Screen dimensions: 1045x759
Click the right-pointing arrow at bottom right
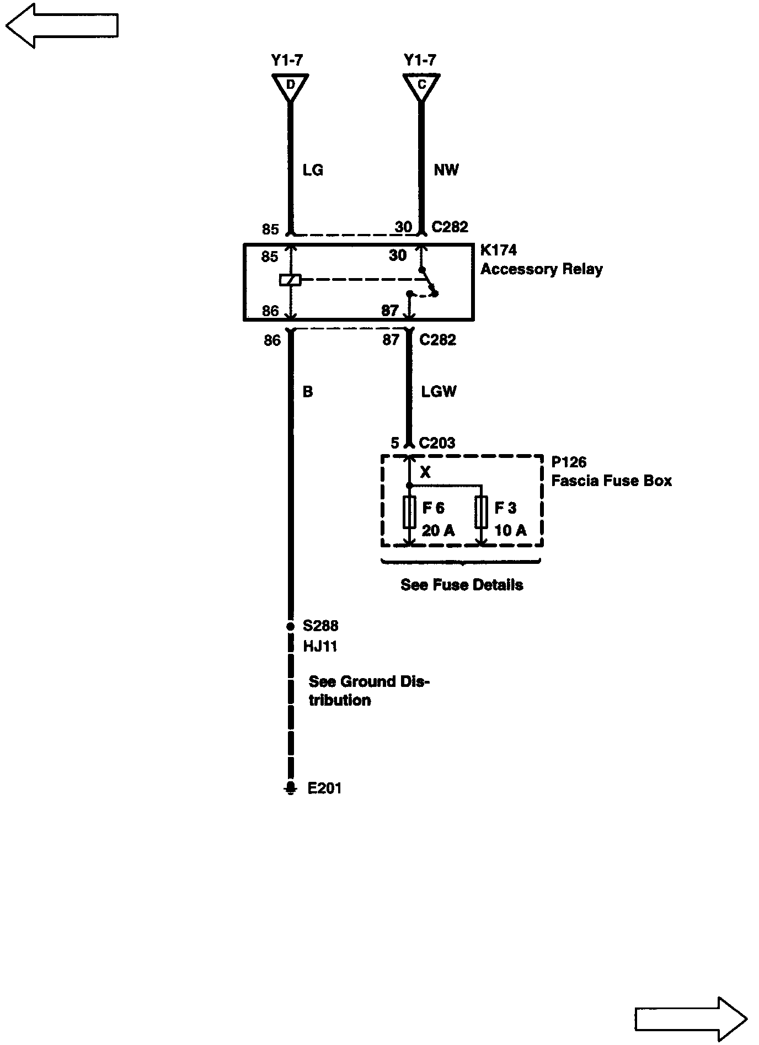coord(691,1019)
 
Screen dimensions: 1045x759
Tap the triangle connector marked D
coord(290,86)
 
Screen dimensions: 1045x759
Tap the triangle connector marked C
coord(421,86)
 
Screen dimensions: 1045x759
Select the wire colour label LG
coord(313,170)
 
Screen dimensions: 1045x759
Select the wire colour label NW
coord(446,170)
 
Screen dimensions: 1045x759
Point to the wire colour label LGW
coord(439,392)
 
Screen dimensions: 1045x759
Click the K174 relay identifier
coord(499,250)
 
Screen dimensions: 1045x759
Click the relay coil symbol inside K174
coord(290,280)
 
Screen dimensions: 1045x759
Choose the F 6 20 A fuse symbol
coord(409,512)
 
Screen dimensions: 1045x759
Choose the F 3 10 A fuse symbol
coord(482,512)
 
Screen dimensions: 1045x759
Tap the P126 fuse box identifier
coord(569,462)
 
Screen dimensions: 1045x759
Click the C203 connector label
coord(437,443)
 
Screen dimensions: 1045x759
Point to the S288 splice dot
coord(290,627)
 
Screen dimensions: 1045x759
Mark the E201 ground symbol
coord(290,787)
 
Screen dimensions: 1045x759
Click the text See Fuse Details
coord(462,585)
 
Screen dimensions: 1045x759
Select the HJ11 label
coord(320,646)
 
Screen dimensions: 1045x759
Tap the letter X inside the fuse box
coord(425,472)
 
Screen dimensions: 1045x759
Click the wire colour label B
coord(308,392)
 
